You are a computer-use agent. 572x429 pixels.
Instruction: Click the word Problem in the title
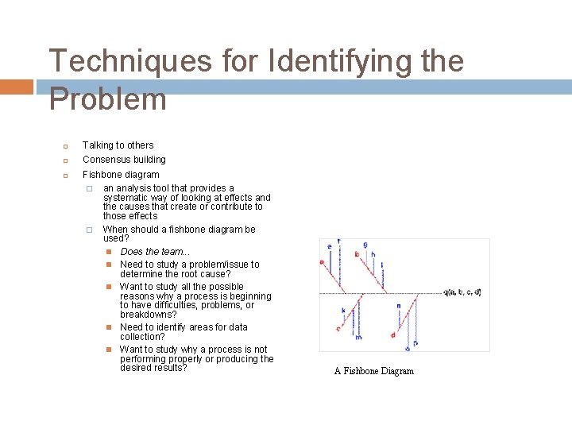coord(108,99)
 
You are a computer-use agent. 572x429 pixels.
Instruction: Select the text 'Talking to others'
coord(118,145)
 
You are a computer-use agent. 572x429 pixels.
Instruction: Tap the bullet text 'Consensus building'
coord(124,160)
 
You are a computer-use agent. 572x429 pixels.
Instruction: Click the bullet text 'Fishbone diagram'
coord(121,175)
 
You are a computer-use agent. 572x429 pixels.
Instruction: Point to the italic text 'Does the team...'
coord(155,252)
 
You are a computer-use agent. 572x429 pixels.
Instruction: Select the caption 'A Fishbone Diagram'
coord(373,371)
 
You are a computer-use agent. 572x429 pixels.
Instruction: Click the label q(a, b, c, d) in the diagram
coord(462,292)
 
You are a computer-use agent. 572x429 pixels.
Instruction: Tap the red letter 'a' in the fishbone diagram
coord(322,261)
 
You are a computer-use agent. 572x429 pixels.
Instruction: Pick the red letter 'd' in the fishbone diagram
coord(392,334)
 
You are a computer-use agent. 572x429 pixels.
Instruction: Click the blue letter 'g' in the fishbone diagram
coord(365,244)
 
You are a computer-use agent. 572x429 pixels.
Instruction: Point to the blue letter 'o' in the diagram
coord(407,347)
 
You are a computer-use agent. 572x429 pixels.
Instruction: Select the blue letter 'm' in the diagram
coord(358,338)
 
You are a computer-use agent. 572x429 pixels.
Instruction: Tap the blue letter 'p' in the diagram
coord(415,343)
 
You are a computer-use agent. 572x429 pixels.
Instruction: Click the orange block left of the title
coord(16,87)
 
